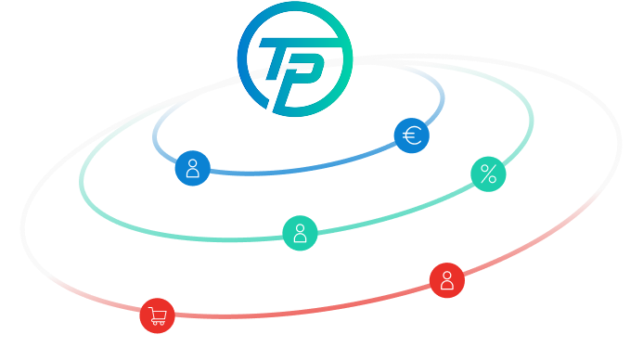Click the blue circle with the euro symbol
[x=411, y=136]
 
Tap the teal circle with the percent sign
[x=488, y=174]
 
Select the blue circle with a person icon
[x=192, y=168]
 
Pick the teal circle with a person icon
[x=300, y=233]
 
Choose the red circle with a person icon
[x=446, y=280]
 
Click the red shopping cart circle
[x=157, y=315]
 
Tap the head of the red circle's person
[x=446, y=275]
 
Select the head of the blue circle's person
[x=192, y=162]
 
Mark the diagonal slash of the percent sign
[x=488, y=174]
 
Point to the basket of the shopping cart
[x=159, y=314]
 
